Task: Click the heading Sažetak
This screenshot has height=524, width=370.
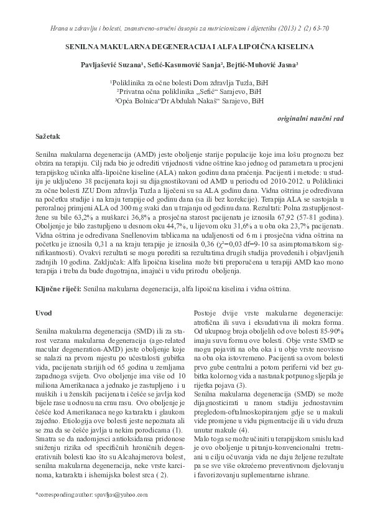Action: pyautogui.click(x=49, y=135)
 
